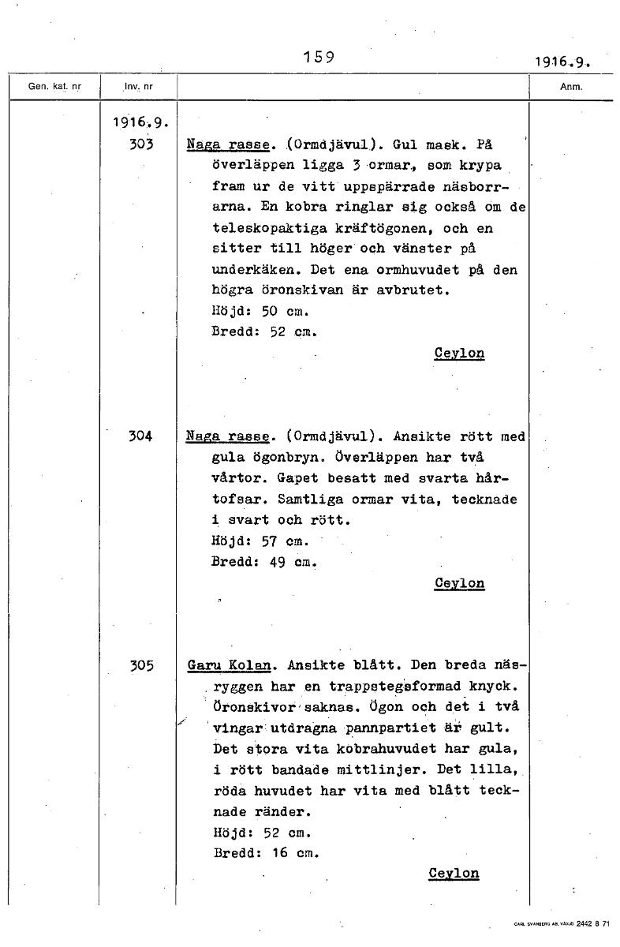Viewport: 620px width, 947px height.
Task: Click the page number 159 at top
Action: [319, 57]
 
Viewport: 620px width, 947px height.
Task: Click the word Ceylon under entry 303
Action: [459, 354]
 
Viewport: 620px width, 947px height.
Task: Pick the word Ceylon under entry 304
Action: [459, 583]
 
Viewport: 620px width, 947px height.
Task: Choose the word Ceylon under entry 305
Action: [454, 873]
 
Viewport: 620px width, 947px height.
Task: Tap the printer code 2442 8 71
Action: [593, 923]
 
